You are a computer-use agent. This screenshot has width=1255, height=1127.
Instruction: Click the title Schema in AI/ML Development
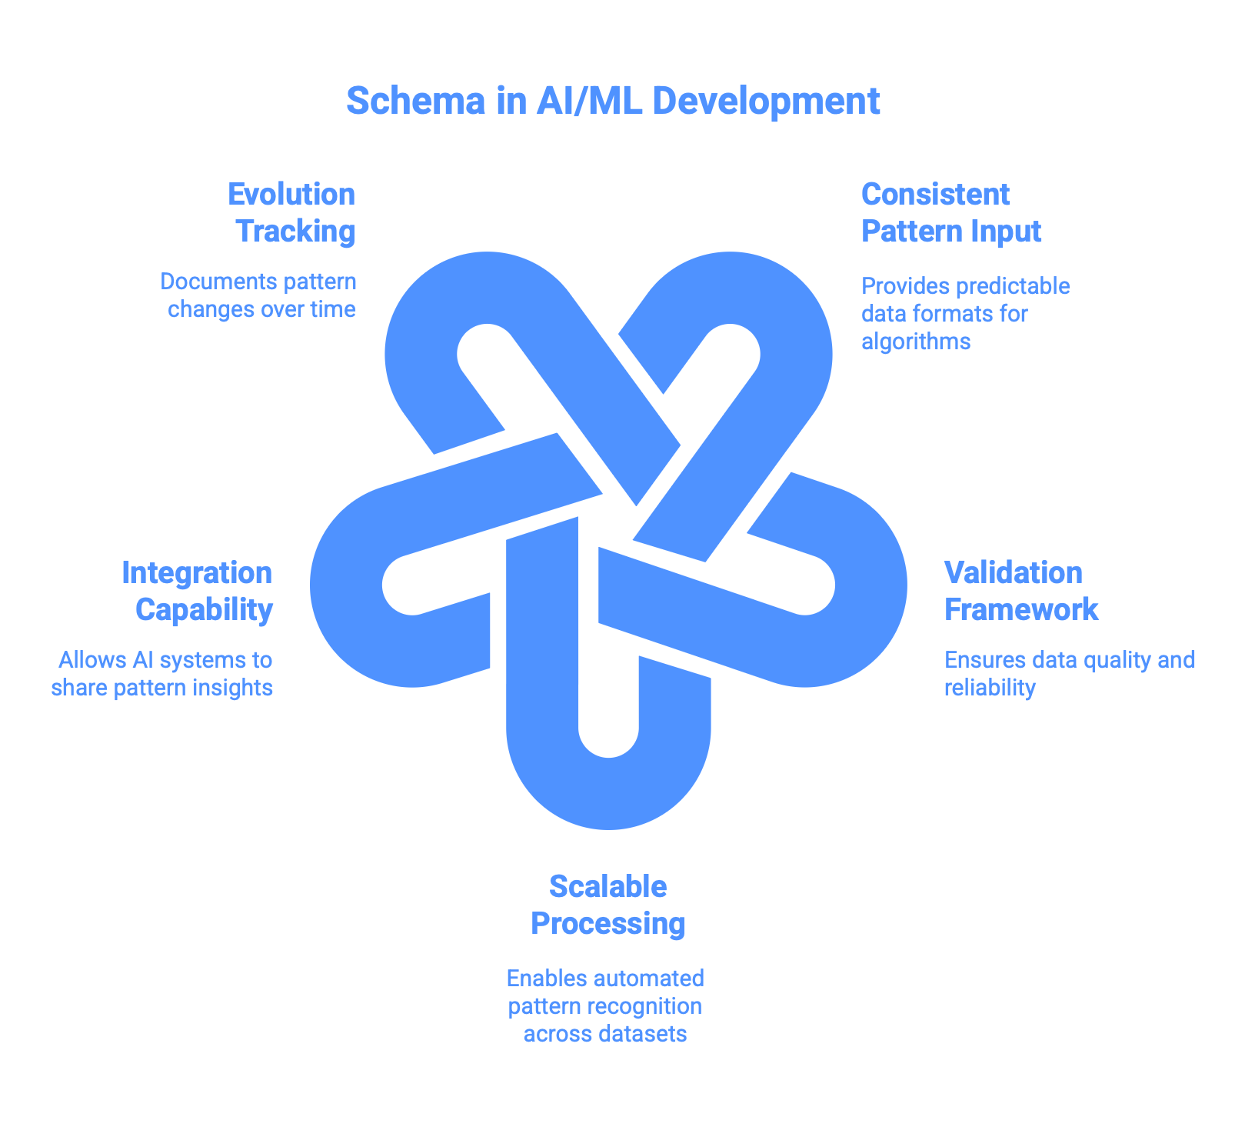[613, 102]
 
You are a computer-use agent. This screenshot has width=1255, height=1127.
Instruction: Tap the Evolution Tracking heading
[292, 212]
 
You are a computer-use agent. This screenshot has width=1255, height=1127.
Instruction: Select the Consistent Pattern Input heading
[950, 212]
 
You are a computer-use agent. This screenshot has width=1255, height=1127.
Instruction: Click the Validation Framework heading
[1020, 591]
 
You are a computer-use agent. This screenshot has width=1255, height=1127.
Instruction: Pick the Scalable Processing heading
[608, 905]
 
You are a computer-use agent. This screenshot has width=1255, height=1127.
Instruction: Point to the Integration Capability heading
[198, 591]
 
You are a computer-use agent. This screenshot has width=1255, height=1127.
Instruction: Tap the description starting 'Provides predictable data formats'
[965, 313]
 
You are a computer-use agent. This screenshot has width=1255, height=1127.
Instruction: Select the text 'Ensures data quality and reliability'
[1069, 673]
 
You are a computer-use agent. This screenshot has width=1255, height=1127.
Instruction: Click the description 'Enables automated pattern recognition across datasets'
[605, 1005]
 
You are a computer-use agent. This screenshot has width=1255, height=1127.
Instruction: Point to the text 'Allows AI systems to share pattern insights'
[163, 673]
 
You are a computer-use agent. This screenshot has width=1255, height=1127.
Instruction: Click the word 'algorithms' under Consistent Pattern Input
[916, 341]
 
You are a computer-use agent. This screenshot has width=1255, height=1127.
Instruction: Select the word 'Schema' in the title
[416, 102]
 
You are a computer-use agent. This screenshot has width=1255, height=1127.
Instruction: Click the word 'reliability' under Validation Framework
[990, 687]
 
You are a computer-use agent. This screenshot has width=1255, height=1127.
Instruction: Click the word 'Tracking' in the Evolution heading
[295, 231]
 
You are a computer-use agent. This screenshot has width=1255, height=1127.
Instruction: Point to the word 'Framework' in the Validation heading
[1021, 609]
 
